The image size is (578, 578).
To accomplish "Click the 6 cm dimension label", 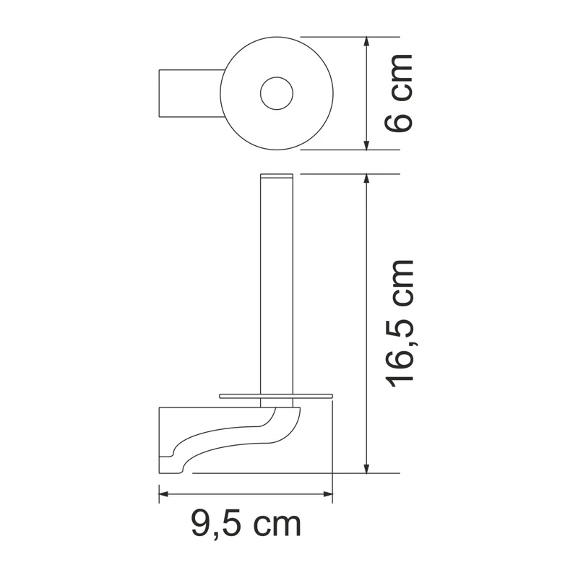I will click(x=400, y=92).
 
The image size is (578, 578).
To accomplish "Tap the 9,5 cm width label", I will click(x=246, y=524).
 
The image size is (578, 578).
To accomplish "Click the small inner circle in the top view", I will click(x=276, y=93).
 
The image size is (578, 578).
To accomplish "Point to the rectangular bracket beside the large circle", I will click(x=189, y=93).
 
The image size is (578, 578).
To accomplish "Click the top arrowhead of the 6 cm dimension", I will click(x=367, y=42).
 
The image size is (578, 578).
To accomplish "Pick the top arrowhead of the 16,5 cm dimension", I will click(x=367, y=179).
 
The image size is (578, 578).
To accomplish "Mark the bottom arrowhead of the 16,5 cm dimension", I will click(x=367, y=468).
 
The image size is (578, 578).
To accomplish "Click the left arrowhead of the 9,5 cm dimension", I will click(x=164, y=494).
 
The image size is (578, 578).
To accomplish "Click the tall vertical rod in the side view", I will click(x=277, y=289).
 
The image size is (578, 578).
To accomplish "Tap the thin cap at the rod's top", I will click(x=277, y=176).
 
